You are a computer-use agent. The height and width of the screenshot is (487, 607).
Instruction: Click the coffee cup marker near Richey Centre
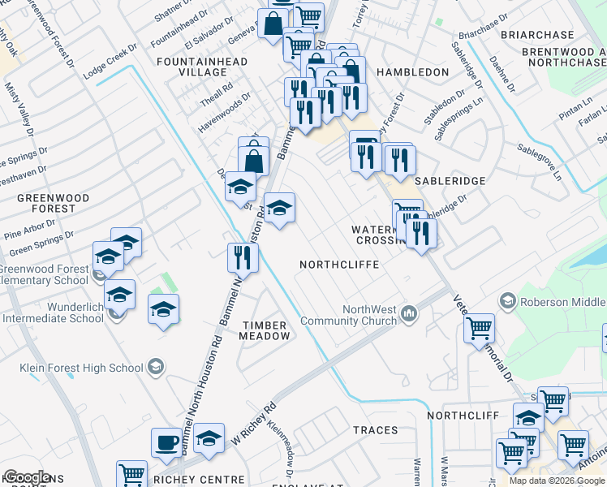click(x=166, y=443)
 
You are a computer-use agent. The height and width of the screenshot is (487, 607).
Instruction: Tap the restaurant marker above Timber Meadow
click(x=243, y=257)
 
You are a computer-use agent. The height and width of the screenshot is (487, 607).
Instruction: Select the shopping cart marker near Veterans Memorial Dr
click(x=479, y=329)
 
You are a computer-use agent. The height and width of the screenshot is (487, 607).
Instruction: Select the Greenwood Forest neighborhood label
click(x=47, y=202)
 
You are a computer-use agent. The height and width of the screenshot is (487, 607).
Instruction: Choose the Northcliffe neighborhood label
click(x=339, y=265)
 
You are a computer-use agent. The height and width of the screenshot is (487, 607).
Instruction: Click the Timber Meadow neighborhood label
click(x=265, y=330)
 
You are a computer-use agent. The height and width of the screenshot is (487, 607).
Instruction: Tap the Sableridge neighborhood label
click(x=450, y=181)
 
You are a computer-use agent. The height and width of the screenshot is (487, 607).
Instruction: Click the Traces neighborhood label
click(x=376, y=430)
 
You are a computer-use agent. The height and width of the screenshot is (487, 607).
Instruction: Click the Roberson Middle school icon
click(x=508, y=301)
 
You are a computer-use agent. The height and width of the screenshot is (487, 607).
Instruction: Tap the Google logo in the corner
click(x=27, y=477)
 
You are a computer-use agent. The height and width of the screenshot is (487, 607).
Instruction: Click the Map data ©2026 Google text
click(x=557, y=481)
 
